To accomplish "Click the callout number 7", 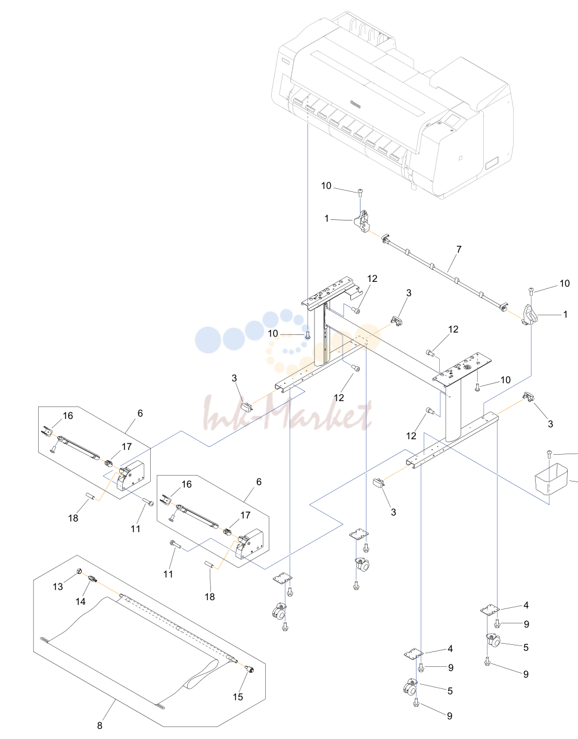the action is (459, 249).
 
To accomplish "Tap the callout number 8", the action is (100, 726).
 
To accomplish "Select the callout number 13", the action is (58, 586).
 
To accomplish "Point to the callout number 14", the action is (80, 601).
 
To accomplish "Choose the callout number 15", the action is (238, 697).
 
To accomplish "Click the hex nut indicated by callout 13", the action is (79, 572).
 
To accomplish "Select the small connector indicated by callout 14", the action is (92, 579).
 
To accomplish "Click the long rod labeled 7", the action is (445, 272).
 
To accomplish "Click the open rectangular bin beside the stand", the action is (551, 479).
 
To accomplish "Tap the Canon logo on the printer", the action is (355, 103).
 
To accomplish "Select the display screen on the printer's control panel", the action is (452, 120).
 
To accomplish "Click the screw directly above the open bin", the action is (549, 454).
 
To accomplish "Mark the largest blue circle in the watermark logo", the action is (208, 340).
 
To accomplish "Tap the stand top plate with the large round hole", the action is (462, 369).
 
